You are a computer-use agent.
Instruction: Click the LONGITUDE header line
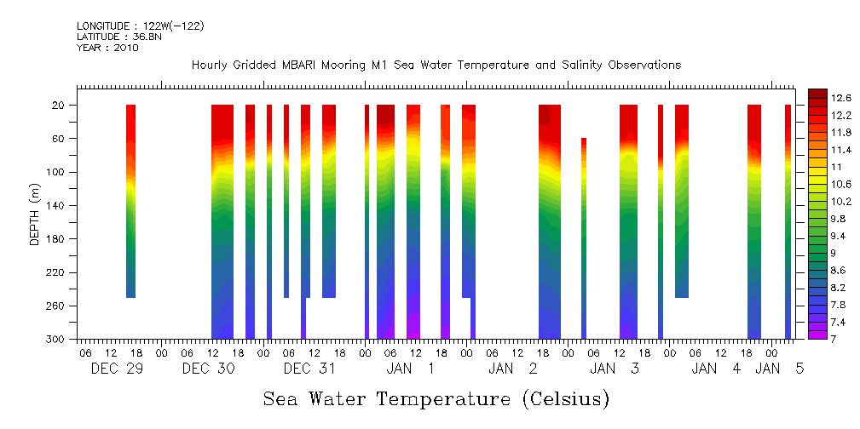[x=140, y=26]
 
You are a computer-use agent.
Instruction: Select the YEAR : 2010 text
[x=107, y=48]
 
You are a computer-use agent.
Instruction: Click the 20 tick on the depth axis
[x=60, y=106]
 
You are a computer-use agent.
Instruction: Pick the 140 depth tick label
[x=57, y=206]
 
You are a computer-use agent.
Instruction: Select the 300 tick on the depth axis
[x=57, y=340]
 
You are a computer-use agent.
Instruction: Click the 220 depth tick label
[x=57, y=272]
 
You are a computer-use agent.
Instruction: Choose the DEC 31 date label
[x=309, y=369]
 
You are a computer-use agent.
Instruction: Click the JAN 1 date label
[x=410, y=369]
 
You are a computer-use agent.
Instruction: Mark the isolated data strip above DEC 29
[x=130, y=201]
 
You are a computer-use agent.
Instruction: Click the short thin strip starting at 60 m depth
[x=584, y=238]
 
